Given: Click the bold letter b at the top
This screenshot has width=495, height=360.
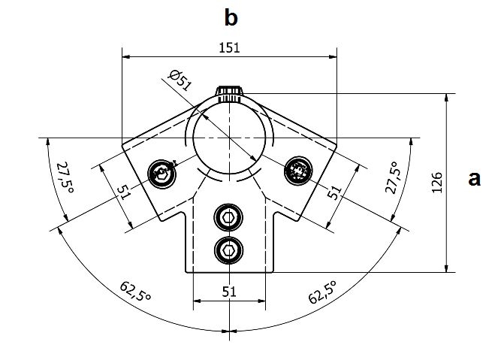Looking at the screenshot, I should click(x=231, y=17).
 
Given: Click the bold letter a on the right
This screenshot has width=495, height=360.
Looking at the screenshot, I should click(x=473, y=178).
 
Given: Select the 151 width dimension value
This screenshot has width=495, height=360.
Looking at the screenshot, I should click(x=229, y=47).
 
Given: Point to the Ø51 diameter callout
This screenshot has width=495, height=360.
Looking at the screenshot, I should click(x=180, y=80).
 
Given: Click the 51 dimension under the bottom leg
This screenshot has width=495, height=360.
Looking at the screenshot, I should click(x=229, y=292).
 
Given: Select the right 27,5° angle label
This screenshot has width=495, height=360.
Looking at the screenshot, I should click(x=392, y=177).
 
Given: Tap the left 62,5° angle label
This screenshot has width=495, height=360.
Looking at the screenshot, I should click(x=136, y=292).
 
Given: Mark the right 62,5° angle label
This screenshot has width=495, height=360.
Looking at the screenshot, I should click(x=322, y=292).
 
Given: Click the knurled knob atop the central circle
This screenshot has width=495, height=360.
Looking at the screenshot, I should click(x=229, y=93).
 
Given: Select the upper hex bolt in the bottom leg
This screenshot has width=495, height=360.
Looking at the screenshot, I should click(x=228, y=218).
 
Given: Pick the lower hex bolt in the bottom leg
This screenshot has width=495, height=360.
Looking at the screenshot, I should click(x=228, y=248).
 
